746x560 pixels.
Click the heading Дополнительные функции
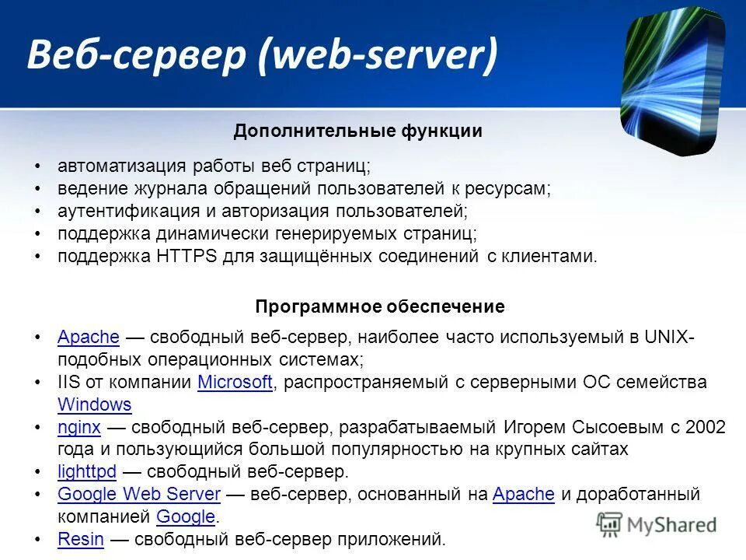357,131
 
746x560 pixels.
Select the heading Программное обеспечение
379,307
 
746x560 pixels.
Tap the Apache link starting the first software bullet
88,337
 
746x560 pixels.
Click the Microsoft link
235,382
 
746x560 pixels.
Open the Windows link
94,404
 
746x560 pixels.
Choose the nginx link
78,427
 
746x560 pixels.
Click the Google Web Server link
139,494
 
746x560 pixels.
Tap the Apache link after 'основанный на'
523,494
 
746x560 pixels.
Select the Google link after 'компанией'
185,516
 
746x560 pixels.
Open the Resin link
80,539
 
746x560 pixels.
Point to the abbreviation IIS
69,382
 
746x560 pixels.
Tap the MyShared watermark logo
657,523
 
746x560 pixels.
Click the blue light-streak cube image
672,82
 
